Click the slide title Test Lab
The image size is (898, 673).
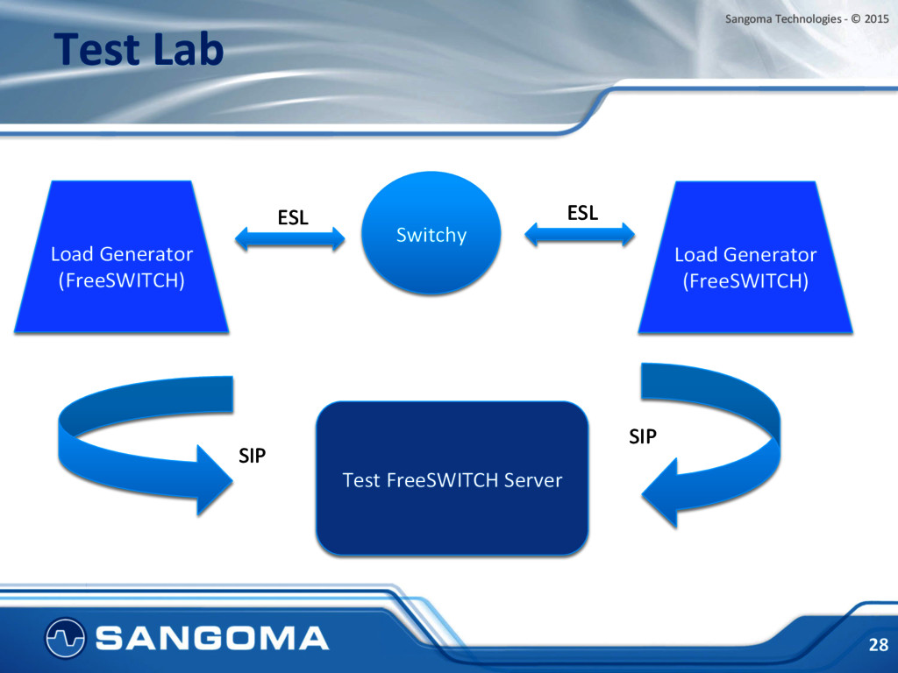pos(139,49)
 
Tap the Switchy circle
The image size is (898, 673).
pos(431,233)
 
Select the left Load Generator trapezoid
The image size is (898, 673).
pos(121,257)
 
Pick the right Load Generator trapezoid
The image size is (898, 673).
pos(745,258)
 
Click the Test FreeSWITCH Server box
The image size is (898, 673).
pos(452,478)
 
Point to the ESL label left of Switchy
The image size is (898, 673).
pos(293,217)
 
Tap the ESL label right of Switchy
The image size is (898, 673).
pos(582,213)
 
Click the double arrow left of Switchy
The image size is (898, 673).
pos(289,238)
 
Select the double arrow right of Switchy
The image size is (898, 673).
pos(580,234)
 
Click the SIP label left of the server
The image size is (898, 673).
pos(252,456)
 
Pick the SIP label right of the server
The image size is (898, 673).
pos(643,436)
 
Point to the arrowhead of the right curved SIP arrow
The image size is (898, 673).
pos(659,492)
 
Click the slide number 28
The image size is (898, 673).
pos(879,645)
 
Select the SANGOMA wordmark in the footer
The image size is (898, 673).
pos(212,638)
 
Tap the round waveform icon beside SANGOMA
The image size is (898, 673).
pos(65,638)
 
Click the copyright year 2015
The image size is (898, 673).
pos(876,19)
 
